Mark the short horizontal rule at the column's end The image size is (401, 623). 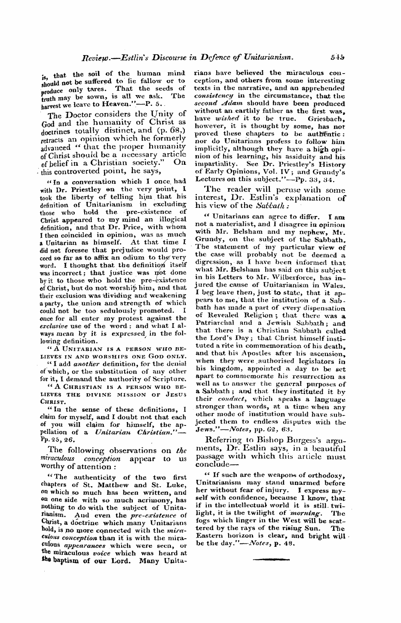pos(271,559)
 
